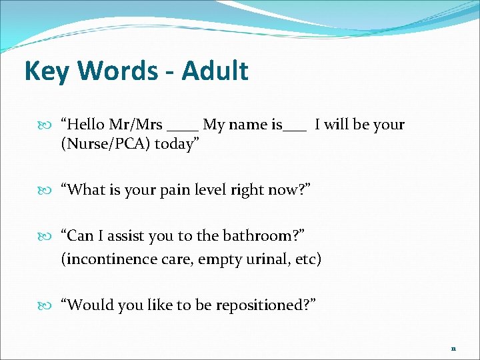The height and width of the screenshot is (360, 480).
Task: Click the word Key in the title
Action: [x=46, y=71]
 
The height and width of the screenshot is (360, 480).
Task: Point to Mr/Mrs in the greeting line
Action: [x=139, y=125]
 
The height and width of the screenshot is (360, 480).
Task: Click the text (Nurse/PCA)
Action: [x=105, y=145]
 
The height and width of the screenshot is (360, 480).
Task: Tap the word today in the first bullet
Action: [x=177, y=145]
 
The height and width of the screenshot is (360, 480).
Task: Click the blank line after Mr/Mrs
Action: [x=183, y=128]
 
